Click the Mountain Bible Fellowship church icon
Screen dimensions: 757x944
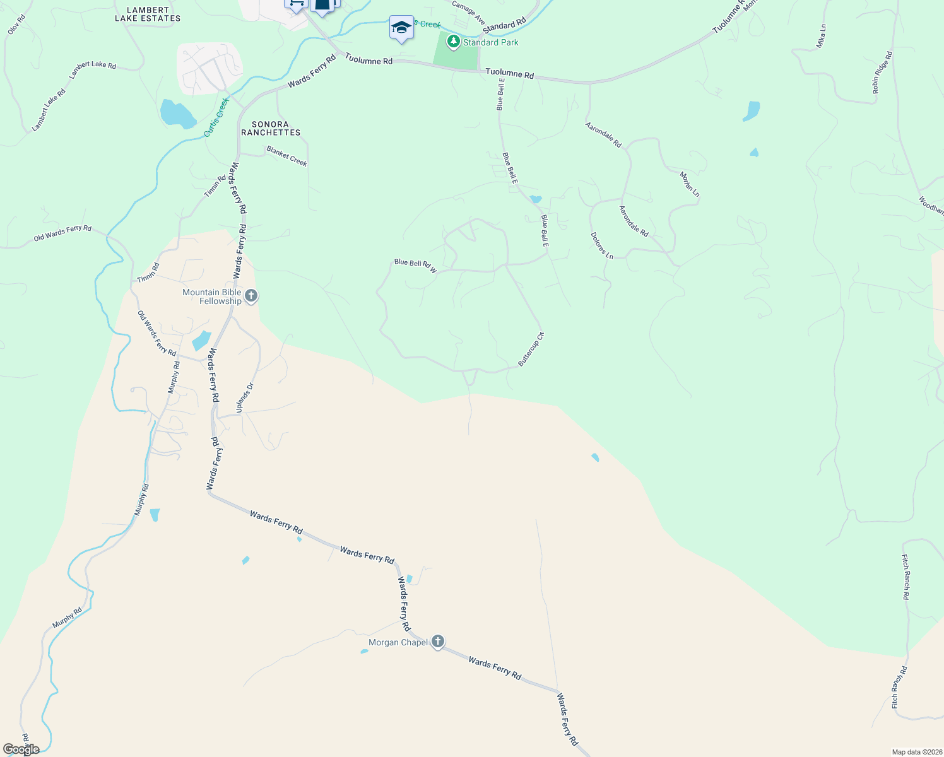point(251,296)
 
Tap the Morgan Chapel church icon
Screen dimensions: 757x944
point(437,642)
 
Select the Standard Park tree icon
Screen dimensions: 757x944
point(453,42)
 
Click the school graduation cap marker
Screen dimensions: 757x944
point(401,28)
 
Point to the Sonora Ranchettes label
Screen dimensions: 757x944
point(271,129)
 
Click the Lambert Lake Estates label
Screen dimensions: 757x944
point(148,15)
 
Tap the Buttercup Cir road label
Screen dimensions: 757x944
point(531,349)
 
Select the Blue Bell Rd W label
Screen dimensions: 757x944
point(415,266)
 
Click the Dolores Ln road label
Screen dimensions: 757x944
point(602,245)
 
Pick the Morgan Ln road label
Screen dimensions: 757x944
point(690,184)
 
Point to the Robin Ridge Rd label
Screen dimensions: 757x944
point(882,73)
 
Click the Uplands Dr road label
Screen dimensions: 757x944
point(245,398)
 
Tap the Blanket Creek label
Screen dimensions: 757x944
point(286,156)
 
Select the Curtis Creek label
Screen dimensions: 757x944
point(216,117)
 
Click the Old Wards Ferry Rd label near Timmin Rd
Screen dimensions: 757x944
point(62,233)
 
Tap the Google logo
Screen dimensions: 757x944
point(21,749)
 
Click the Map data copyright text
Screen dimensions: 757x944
point(916,752)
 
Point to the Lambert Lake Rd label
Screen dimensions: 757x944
point(92,69)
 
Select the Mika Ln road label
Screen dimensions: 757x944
point(821,37)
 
